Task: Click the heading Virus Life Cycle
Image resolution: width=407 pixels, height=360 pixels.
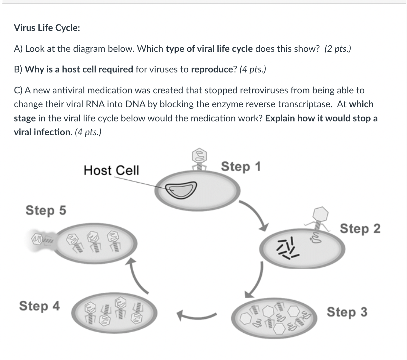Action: [x=47, y=28]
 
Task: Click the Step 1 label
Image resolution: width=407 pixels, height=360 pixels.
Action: [x=241, y=167]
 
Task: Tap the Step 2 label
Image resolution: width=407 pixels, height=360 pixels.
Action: [x=360, y=229]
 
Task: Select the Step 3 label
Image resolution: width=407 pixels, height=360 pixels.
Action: [x=347, y=312]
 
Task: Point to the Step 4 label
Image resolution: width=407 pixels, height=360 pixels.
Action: [x=40, y=306]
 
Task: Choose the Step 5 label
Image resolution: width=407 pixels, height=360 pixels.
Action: [x=46, y=210]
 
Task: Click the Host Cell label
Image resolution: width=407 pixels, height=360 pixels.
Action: [x=111, y=170]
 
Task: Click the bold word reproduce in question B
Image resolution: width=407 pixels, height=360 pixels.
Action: [x=212, y=70]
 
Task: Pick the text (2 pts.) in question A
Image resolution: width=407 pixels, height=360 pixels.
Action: [x=338, y=49]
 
